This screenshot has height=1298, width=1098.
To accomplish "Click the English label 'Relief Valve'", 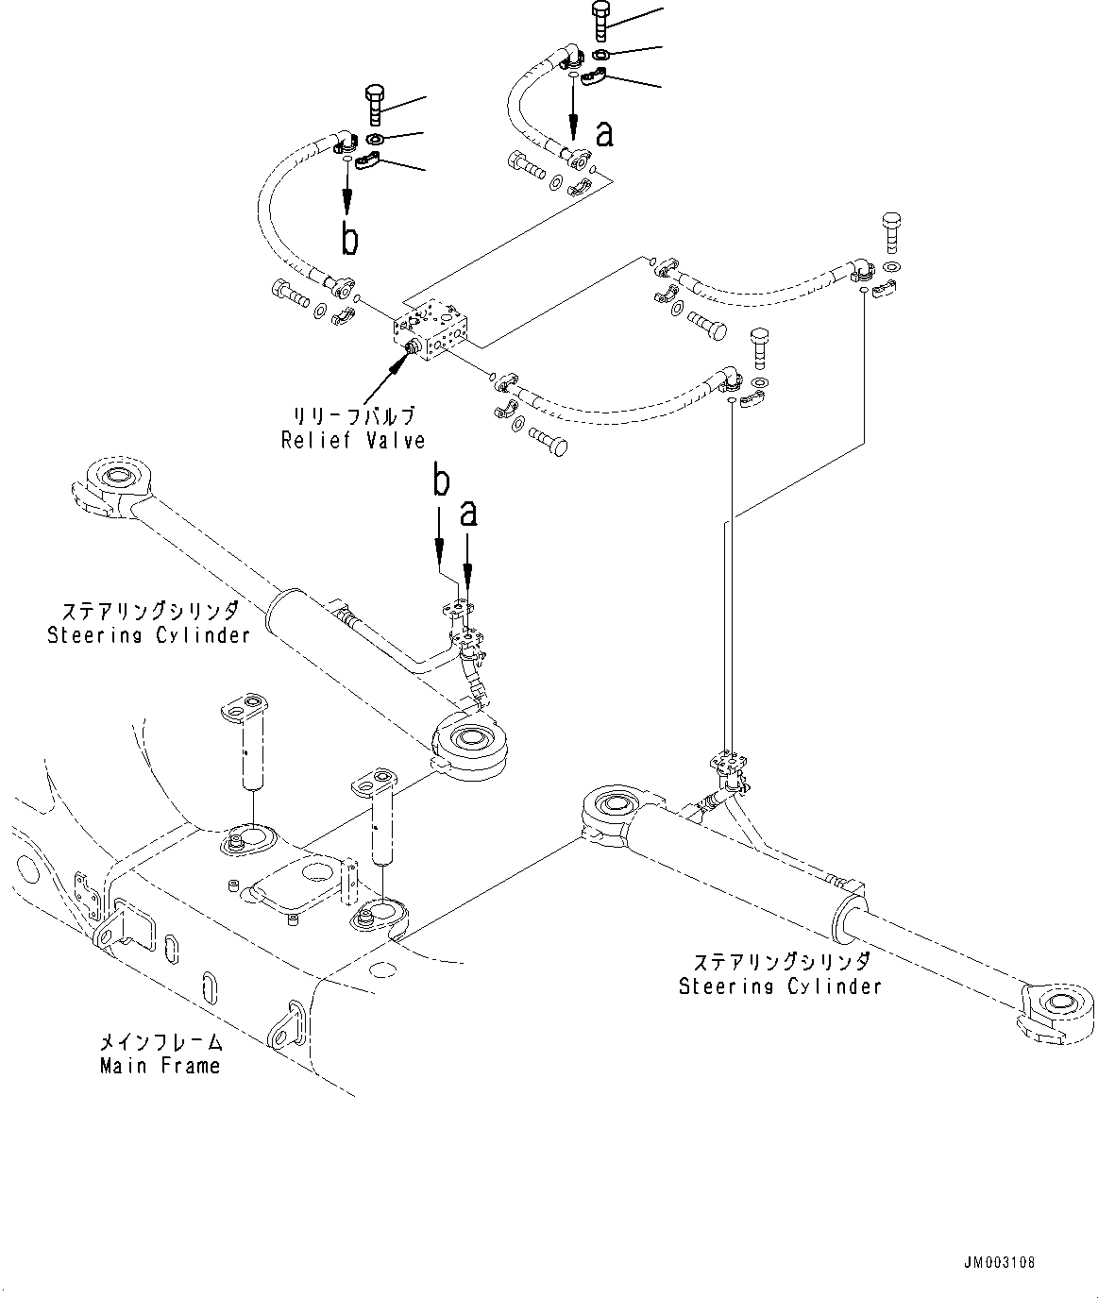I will click(353, 440).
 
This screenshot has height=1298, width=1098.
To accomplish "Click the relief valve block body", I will click(433, 329).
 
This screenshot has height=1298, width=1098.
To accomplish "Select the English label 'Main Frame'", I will click(160, 1066).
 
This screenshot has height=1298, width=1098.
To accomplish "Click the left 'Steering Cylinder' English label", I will click(149, 634).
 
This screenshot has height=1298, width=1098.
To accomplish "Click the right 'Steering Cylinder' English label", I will click(780, 986).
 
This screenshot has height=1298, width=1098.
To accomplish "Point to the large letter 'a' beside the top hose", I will click(604, 135).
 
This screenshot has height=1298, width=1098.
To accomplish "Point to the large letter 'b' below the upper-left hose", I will click(349, 240).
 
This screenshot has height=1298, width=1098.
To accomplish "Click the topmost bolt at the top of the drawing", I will click(601, 19).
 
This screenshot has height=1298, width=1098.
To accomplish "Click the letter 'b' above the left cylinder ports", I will click(440, 483).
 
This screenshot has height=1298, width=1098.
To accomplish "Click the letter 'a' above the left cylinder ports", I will click(468, 514).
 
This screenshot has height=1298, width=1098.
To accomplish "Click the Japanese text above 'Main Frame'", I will click(160, 1043).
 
